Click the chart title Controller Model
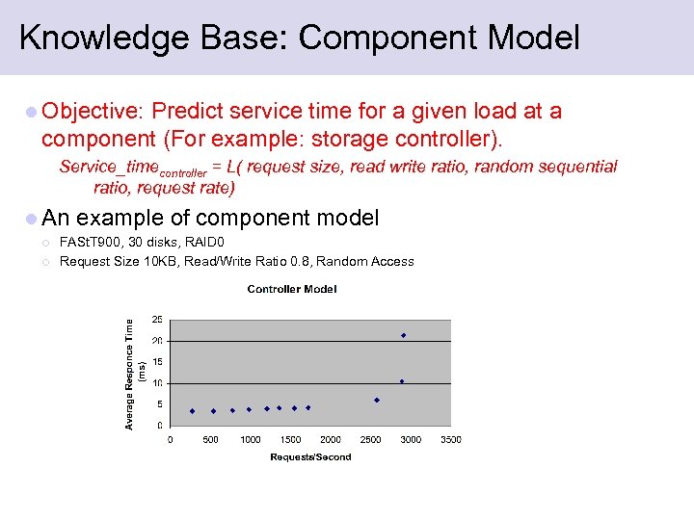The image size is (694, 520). tap(291, 289)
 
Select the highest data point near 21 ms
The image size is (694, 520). tap(403, 335)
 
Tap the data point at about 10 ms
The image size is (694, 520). tap(402, 381)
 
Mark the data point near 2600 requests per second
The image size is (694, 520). tap(377, 400)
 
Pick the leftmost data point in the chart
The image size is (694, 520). tap(192, 411)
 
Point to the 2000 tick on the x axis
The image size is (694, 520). tap(331, 440)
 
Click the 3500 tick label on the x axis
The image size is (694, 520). tap(450, 440)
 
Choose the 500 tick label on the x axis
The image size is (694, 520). tap(210, 440)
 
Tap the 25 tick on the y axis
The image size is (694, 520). tap(157, 320)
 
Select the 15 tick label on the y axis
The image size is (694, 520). tap(157, 362)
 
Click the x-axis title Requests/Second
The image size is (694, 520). tap(310, 456)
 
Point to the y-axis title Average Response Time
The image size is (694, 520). tap(130, 375)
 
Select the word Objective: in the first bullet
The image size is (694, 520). tap(93, 112)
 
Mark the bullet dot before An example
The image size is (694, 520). tap(32, 219)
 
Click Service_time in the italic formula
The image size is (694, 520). tap(108, 168)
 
